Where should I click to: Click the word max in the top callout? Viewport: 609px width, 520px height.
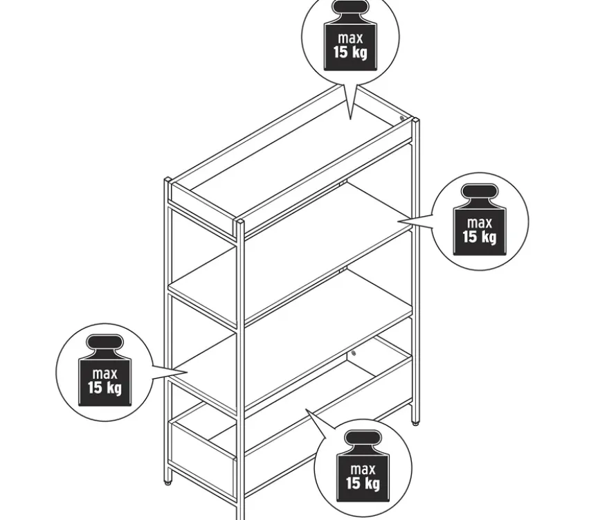click(350, 38)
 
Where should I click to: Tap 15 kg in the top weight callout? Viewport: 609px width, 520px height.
click(350, 52)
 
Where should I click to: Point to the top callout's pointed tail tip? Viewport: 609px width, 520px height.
click(350, 118)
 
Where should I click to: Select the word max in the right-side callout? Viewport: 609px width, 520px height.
click(480, 223)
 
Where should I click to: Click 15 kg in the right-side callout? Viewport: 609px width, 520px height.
click(480, 237)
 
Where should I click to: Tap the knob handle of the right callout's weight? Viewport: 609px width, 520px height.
click(480, 192)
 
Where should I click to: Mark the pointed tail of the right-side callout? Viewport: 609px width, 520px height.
click(399, 221)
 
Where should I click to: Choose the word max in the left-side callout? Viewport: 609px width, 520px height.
click(104, 374)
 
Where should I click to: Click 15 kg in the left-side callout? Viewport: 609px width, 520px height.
click(104, 388)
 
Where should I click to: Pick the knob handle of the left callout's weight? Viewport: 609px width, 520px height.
click(104, 342)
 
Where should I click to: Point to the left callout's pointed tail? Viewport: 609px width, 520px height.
click(188, 373)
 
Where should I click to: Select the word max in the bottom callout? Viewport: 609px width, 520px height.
click(363, 469)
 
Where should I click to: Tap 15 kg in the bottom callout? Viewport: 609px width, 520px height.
click(363, 483)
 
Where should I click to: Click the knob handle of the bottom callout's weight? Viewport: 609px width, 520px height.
click(363, 438)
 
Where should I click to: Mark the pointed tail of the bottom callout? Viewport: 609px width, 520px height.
click(307, 409)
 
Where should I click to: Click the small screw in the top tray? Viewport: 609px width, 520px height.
click(401, 118)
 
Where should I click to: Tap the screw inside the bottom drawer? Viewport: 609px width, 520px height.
click(354, 353)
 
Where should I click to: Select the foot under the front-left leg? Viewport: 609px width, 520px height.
click(168, 483)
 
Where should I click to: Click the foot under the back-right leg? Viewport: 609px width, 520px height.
click(416, 424)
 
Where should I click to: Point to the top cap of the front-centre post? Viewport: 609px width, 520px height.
click(239, 222)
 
